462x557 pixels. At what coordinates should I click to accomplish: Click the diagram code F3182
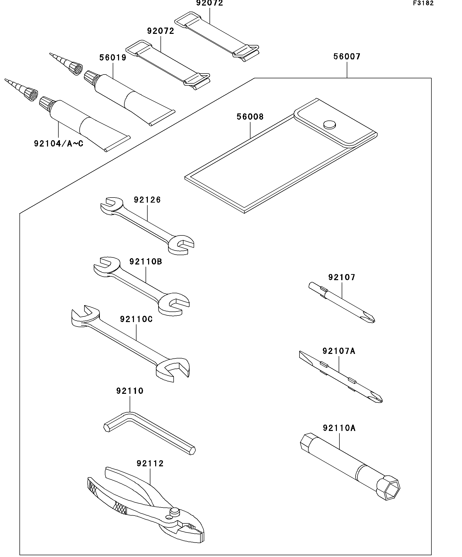tap(423, 3)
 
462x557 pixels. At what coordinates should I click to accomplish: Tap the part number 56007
tap(347, 57)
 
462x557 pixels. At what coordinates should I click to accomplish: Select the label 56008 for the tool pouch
tap(250, 117)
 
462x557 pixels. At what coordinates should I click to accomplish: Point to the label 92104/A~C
tap(58, 143)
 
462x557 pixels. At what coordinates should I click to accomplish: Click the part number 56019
tap(113, 58)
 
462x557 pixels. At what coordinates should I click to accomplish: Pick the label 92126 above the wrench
tap(147, 200)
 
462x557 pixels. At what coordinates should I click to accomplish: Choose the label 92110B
tap(146, 261)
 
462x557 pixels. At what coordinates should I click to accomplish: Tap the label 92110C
tap(136, 319)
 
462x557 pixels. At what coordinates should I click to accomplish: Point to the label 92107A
tap(339, 351)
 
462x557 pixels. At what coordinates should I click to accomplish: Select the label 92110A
tap(339, 428)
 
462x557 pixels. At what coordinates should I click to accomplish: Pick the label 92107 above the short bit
tap(341, 277)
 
